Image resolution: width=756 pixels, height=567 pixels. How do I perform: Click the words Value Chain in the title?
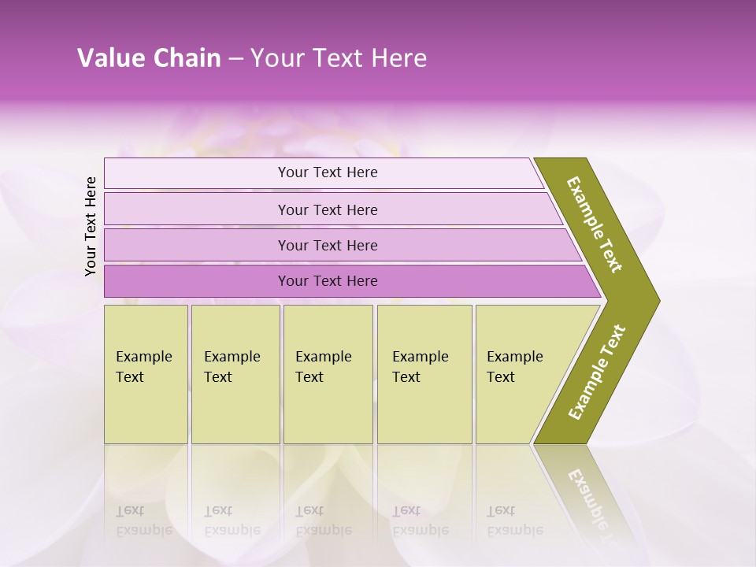point(149,58)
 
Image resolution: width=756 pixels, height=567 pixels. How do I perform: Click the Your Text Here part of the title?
point(339,58)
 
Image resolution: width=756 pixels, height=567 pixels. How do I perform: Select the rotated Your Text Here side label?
point(91,226)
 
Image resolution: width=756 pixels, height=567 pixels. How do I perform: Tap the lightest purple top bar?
point(197,173)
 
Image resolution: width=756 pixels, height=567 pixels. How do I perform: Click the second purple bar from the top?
point(197,209)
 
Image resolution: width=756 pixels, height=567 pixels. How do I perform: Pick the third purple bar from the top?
point(197,245)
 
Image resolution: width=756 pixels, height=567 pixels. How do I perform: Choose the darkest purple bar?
point(197,281)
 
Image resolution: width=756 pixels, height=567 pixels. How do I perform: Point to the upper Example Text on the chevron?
point(595,224)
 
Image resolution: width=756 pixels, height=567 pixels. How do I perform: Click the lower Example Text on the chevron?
point(597,372)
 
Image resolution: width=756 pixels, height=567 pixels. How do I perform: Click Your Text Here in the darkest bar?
point(328,281)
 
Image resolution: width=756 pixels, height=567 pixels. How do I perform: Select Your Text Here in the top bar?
point(328,172)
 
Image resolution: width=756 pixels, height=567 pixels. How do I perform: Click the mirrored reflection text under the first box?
point(143,521)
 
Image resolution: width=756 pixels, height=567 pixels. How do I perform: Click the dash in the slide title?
point(235,59)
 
